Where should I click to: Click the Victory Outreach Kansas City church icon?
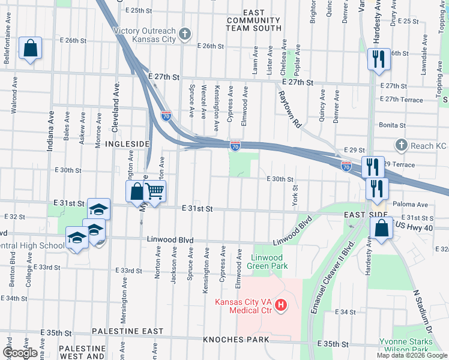point(185,32)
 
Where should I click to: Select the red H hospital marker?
point(280,307)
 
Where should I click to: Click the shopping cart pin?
point(155,192)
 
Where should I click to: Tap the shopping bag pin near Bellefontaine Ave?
point(30,48)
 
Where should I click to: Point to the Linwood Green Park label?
point(268,262)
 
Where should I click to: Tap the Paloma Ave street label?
point(411,204)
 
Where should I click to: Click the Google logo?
point(20,353)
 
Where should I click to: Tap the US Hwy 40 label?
point(418,227)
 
